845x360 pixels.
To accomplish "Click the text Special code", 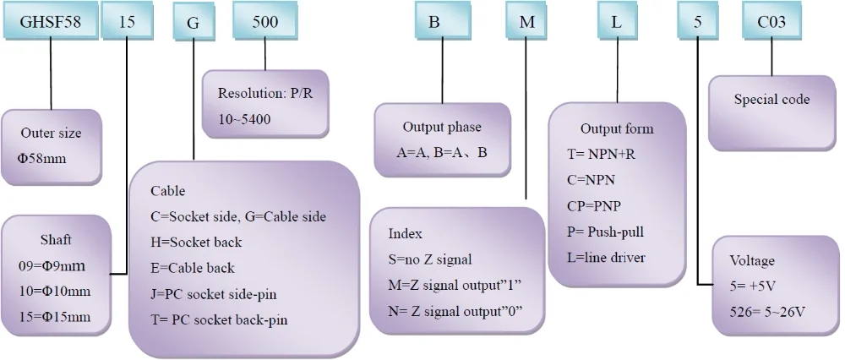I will (x=771, y=100).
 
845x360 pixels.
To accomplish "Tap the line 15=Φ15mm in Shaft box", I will (x=53, y=319).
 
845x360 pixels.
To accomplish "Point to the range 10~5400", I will (x=244, y=119).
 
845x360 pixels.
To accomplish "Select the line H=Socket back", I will (x=196, y=242).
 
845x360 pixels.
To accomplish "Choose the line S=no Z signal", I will (x=430, y=259).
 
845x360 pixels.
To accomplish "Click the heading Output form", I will (x=617, y=128).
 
